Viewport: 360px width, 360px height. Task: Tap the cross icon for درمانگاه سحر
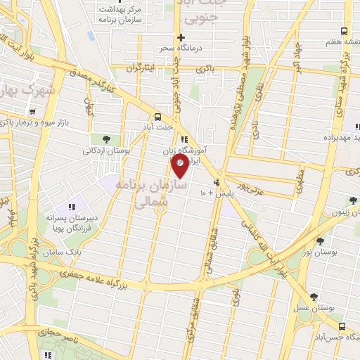coord(181,37)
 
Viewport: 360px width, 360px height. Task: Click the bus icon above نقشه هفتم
coord(344,32)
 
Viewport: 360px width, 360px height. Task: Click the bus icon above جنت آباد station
coord(157,117)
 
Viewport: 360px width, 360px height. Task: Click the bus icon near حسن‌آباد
coord(342,326)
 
